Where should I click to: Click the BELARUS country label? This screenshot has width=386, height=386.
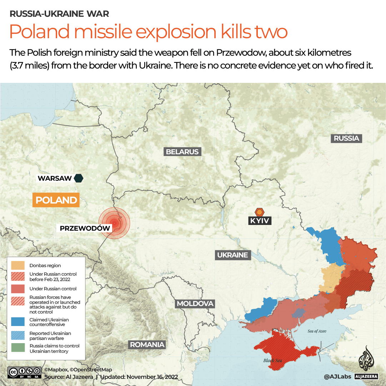click(x=182, y=152)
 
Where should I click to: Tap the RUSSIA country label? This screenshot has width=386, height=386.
click(x=346, y=138)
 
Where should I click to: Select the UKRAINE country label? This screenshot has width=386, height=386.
click(x=232, y=255)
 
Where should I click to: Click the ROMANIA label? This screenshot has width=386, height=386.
click(x=147, y=345)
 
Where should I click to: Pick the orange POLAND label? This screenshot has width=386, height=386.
click(x=56, y=200)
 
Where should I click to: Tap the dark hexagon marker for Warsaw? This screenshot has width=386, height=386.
click(x=79, y=178)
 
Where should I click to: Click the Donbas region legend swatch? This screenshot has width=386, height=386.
click(x=18, y=266)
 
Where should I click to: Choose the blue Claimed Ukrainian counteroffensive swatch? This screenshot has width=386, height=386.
click(x=18, y=322)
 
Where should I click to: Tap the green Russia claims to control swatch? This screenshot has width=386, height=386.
click(x=18, y=348)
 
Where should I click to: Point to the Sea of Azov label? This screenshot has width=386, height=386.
click(x=317, y=331)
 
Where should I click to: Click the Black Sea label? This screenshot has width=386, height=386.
click(x=273, y=360)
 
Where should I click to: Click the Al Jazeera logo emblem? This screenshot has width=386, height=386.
click(x=366, y=360)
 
